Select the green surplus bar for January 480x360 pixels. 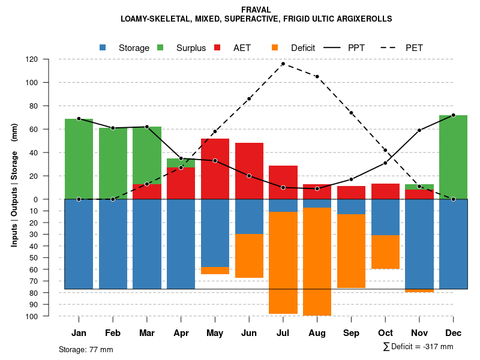coord(79,159)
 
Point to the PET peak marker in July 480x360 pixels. coord(283,64)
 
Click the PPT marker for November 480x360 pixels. coord(419,130)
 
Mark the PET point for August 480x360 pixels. coord(317,77)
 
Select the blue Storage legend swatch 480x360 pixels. coord(103,47)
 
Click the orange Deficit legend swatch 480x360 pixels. coord(275,47)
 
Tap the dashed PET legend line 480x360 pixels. coord(391,47)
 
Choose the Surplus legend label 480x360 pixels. coord(191,48)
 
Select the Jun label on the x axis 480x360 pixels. coord(249,333)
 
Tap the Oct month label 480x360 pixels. coord(385,333)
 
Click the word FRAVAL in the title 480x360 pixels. coord(256,10)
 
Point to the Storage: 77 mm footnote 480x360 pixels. coord(86,349)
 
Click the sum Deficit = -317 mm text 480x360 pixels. coord(418,347)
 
